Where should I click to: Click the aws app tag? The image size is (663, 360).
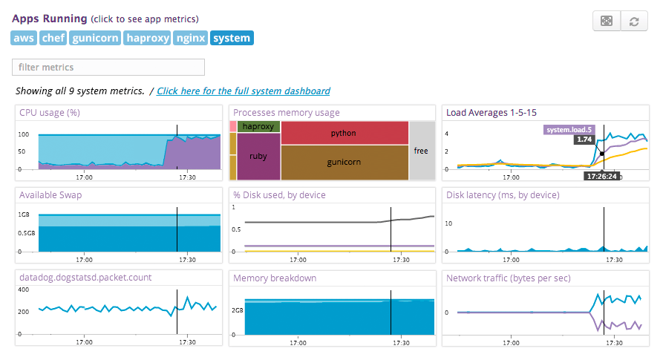click(x=24, y=38)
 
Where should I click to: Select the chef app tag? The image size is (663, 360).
click(x=53, y=38)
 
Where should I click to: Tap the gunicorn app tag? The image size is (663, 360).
click(x=96, y=38)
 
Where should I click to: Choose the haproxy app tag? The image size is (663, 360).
click(x=147, y=38)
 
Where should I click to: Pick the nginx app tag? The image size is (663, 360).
click(x=190, y=38)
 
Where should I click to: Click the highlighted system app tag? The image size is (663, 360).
click(x=232, y=38)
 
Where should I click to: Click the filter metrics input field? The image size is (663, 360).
click(x=108, y=68)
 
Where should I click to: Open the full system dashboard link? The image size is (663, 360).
click(x=244, y=91)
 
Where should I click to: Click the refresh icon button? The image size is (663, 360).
click(x=633, y=22)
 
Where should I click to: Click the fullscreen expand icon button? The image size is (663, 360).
click(x=607, y=22)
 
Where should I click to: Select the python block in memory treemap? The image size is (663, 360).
click(x=344, y=133)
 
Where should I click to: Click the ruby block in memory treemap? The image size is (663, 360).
click(x=258, y=157)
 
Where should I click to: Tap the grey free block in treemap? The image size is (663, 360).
click(x=421, y=151)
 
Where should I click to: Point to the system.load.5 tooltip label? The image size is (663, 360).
click(x=569, y=130)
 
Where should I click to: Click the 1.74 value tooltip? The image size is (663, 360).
click(x=584, y=140)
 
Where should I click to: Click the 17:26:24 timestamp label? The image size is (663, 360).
click(x=602, y=177)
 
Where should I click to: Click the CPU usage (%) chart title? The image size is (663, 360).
click(x=50, y=113)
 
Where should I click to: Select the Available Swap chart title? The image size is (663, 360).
click(x=50, y=195)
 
